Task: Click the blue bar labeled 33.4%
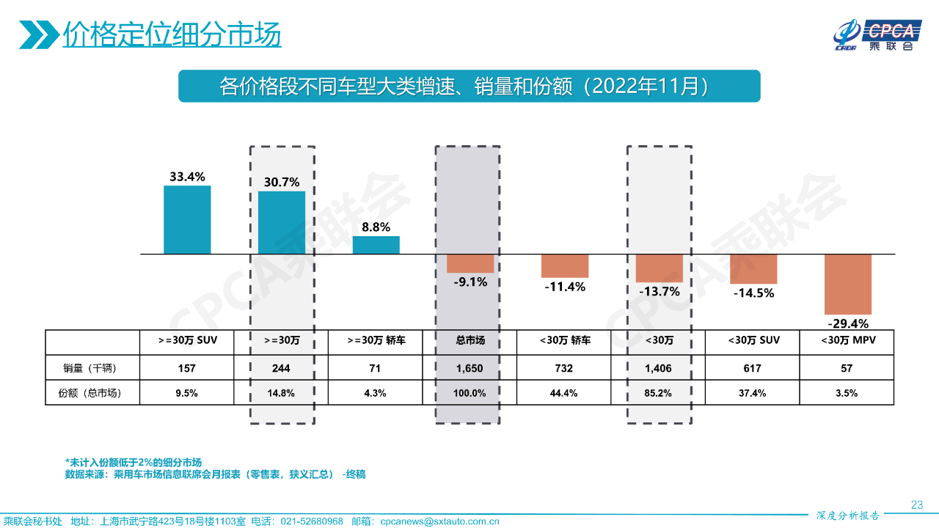coord(187,219)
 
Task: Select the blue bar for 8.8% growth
coord(376,245)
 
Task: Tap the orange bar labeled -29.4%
coord(848,284)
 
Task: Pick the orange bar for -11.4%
coord(565,265)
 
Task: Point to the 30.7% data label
coord(282,182)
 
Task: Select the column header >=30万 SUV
coord(187,340)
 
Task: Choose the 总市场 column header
coord(470,340)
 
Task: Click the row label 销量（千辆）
coord(91,367)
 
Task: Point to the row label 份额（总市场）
coord(91,393)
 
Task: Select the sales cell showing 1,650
coord(470,367)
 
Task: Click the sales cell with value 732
coord(564,367)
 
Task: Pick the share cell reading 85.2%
coord(658,393)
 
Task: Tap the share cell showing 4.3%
coord(376,393)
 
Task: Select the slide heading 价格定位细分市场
coord(172,34)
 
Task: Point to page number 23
coord(916,505)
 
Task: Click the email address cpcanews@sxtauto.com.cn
coord(440,521)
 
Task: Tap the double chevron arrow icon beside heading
coord(39,34)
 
